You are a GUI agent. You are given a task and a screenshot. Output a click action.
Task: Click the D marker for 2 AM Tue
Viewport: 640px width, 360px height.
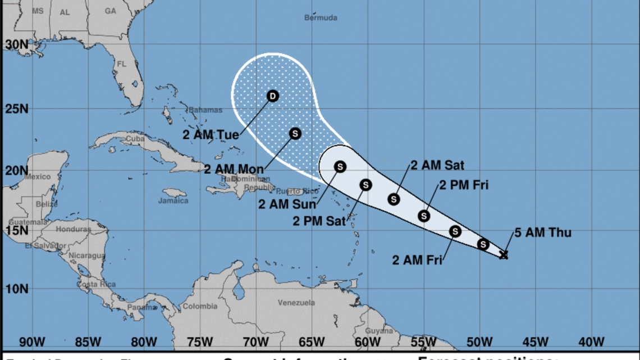click(x=272, y=96)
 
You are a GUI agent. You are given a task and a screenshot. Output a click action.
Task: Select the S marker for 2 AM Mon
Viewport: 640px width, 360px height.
click(x=295, y=133)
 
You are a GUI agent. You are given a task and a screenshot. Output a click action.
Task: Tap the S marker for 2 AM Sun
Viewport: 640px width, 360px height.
click(x=340, y=166)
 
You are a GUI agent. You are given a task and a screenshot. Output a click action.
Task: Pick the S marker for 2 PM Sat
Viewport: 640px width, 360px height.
click(x=366, y=184)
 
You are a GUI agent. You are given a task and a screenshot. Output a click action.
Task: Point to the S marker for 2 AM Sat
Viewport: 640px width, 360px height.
click(x=394, y=199)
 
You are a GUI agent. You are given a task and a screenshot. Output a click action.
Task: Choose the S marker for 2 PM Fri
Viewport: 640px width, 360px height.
click(x=424, y=216)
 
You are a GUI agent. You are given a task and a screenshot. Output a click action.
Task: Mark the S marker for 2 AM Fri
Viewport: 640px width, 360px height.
click(x=455, y=231)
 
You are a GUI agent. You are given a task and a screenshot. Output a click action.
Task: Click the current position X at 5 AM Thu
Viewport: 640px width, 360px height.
click(x=504, y=255)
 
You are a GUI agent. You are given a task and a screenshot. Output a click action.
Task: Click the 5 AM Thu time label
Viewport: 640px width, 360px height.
click(x=543, y=232)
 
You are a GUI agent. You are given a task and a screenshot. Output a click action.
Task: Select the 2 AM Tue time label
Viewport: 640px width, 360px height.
click(x=212, y=135)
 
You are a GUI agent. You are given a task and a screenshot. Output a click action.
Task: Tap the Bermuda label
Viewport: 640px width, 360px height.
click(x=321, y=17)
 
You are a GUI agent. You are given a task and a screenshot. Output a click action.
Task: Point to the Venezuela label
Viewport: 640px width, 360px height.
click(x=296, y=303)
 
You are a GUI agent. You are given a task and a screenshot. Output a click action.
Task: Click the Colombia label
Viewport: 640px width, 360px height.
click(x=200, y=306)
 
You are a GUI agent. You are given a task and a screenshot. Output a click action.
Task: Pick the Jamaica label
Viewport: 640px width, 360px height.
click(x=173, y=200)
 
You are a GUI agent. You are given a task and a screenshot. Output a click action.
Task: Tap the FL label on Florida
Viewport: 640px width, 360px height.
click(x=121, y=64)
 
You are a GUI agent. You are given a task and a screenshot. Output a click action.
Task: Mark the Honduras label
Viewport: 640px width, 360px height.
click(x=74, y=229)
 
